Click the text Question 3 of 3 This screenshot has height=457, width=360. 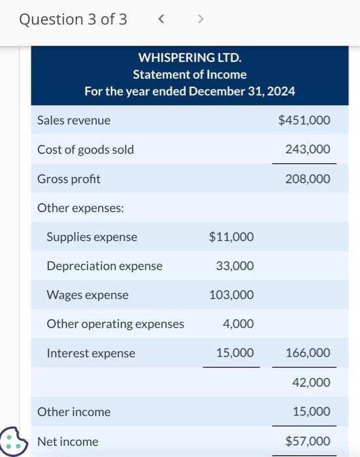(73, 20)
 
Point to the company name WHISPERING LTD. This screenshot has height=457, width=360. (189, 59)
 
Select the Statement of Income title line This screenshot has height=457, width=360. (189, 75)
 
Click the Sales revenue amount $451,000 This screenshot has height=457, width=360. (304, 120)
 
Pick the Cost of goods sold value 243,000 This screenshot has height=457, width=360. (308, 150)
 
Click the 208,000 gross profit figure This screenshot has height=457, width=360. (308, 179)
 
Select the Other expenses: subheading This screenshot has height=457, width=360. (80, 208)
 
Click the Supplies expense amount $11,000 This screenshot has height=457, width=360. (231, 237)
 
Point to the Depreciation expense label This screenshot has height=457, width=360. (105, 266)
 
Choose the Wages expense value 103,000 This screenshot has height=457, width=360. (231, 295)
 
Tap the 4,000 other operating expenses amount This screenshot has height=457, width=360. (238, 324)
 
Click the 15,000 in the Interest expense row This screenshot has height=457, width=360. (235, 353)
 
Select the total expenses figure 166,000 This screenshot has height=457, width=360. (308, 353)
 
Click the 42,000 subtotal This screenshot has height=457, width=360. (311, 383)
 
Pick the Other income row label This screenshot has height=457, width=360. (74, 412)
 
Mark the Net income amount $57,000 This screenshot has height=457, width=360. (308, 441)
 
